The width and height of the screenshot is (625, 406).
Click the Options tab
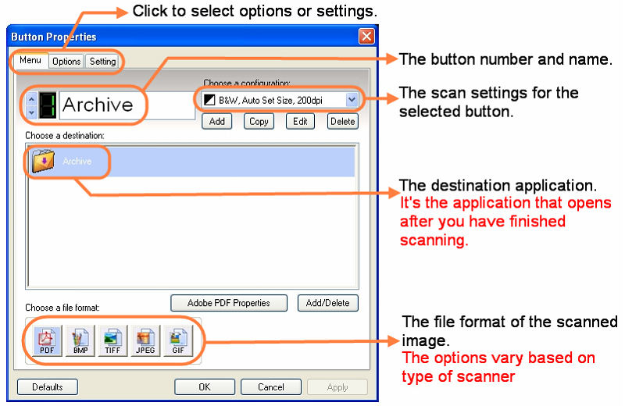pos(66,62)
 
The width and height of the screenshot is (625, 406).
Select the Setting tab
pos(102,62)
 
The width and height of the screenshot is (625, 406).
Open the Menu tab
pos(30,60)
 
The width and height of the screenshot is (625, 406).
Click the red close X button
pos(366,36)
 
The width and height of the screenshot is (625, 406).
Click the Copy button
pos(259,122)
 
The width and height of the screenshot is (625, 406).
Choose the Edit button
pos(300,122)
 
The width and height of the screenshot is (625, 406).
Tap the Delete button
pos(342,122)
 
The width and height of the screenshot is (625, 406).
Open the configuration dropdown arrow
pos(351,100)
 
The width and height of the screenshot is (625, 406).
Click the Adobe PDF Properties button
pos(229,303)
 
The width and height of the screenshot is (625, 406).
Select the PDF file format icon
pos(47,341)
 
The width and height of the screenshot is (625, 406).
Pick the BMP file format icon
pos(80,341)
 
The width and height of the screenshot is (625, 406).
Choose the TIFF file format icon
pos(112,341)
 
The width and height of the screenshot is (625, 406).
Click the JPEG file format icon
pos(145,341)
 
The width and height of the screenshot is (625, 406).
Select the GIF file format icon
pos(178,341)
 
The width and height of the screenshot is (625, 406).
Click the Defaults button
pos(48,387)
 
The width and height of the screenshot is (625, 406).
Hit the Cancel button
pos(271,387)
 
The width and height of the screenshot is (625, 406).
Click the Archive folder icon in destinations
pos(43,161)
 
